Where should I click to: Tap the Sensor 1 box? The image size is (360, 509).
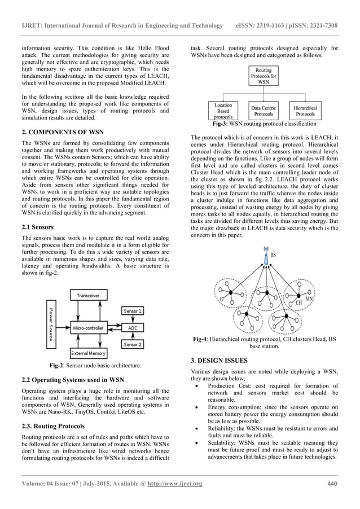point(133,311)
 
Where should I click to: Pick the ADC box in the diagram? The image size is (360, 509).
point(133,327)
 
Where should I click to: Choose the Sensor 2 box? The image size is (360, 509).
point(133,344)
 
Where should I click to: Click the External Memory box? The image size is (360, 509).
point(89,353)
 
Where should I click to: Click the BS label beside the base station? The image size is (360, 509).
point(273,255)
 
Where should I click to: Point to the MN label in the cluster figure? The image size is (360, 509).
point(309,298)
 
